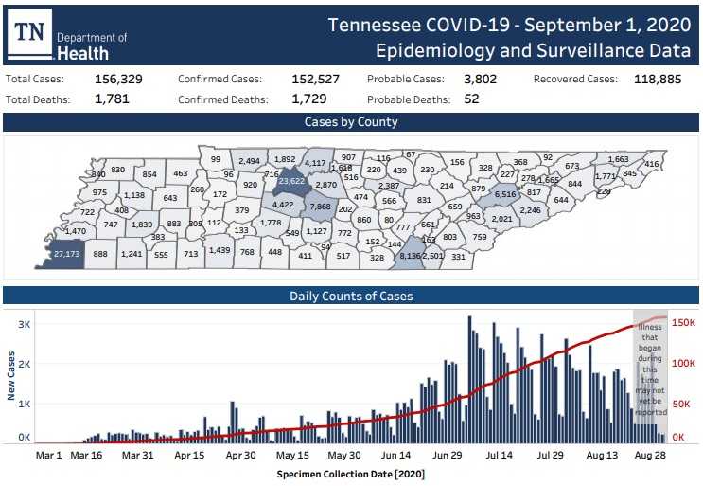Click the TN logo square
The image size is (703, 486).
pos(31,34)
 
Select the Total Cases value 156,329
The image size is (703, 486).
pos(118,80)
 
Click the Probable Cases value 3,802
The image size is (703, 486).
pos(480,80)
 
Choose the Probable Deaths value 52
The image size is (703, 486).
pos(471,99)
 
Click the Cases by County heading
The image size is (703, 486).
pos(351,122)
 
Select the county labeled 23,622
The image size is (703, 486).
pos(290,181)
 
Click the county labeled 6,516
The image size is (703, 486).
pos(504,193)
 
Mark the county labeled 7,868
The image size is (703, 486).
pos(320,206)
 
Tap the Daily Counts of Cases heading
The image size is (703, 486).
pos(351,297)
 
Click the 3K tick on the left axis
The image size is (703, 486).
pos(26,324)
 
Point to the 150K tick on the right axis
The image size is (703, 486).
pos(683,322)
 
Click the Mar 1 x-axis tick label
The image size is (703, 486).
pos(48,455)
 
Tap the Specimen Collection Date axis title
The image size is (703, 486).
pos(350,473)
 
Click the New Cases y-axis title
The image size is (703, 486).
pos(12,377)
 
